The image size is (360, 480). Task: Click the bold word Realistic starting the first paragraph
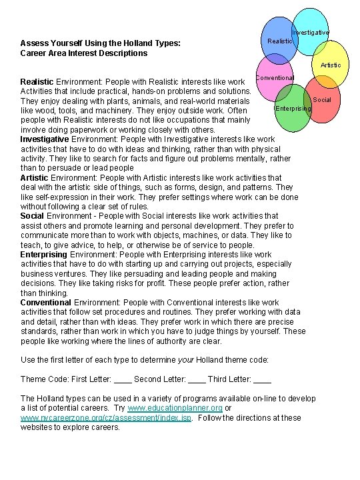[x=37, y=81]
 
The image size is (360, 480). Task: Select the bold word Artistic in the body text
[x=34, y=178]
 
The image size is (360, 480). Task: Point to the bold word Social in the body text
[x=32, y=216]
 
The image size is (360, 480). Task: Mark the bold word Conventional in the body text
[x=45, y=303]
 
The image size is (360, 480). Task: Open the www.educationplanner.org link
[x=175, y=408]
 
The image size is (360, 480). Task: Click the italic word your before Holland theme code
[x=186, y=360]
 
